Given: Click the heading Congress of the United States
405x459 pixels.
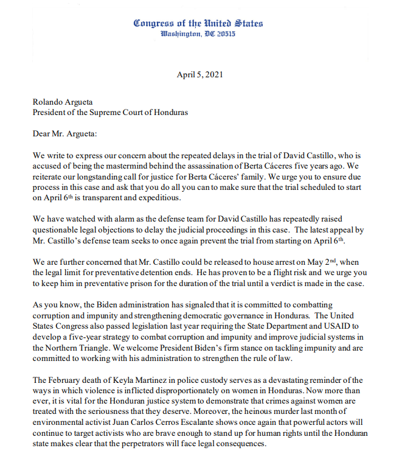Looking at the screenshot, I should pyautogui.click(x=198, y=23).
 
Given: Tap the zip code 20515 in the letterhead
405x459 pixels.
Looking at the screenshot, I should pyautogui.click(x=223, y=34).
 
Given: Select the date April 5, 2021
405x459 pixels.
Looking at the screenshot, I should pyautogui.click(x=198, y=75).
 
